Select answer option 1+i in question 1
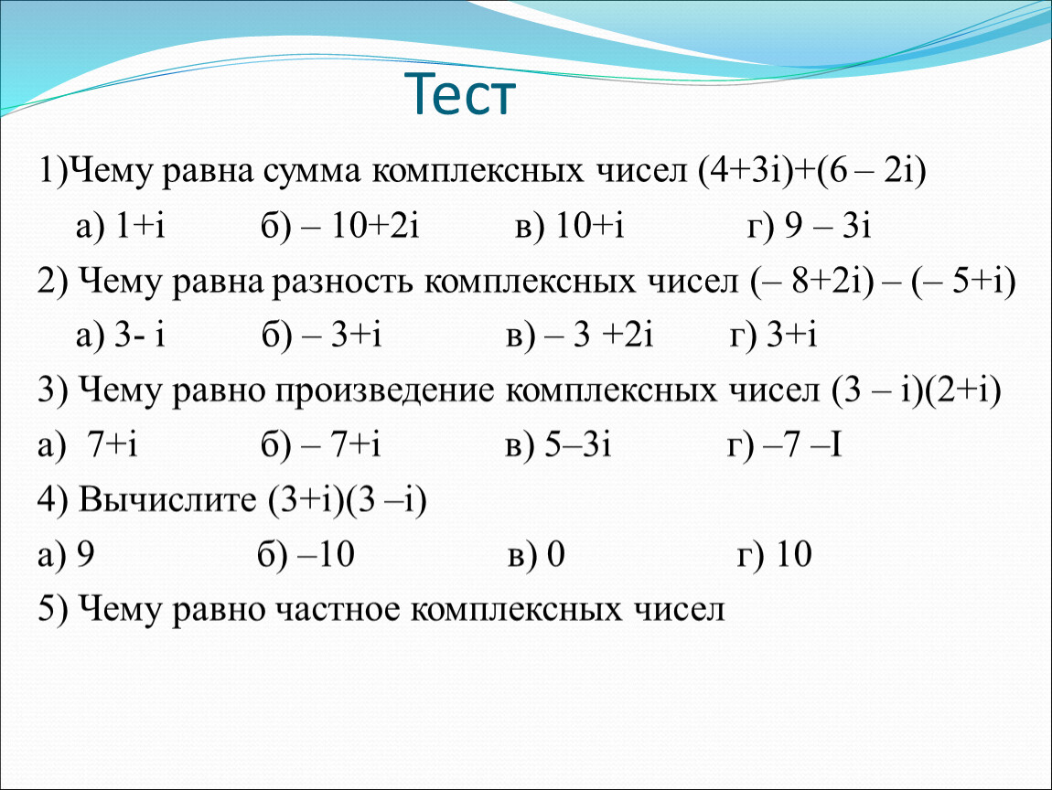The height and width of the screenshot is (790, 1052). (x=140, y=225)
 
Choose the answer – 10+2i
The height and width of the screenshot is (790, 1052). (x=360, y=225)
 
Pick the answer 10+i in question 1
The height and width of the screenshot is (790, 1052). (x=590, y=225)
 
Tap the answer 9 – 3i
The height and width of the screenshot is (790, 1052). (x=828, y=225)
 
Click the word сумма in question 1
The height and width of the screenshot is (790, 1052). (x=311, y=172)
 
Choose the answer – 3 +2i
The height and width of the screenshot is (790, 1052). (x=599, y=335)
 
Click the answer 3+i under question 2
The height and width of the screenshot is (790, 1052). (x=791, y=335)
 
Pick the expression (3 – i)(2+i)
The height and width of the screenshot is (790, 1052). (x=916, y=391)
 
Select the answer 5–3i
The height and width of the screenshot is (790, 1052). (x=577, y=444)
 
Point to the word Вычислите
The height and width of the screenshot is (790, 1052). (x=167, y=499)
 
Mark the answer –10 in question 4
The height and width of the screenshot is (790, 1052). (x=325, y=555)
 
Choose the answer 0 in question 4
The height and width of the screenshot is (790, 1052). (x=555, y=555)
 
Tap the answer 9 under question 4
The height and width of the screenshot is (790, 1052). (x=86, y=555)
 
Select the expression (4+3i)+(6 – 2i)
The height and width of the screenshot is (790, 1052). (x=811, y=171)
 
